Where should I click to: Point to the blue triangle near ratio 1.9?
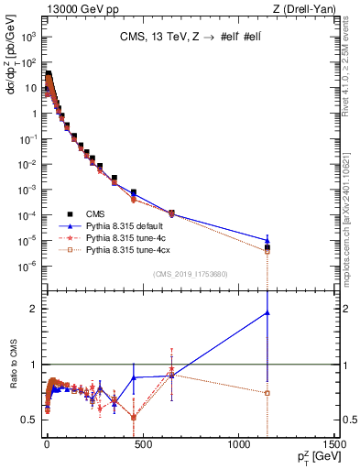[x=267, y=312]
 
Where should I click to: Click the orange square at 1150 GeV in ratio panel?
[x=267, y=393]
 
